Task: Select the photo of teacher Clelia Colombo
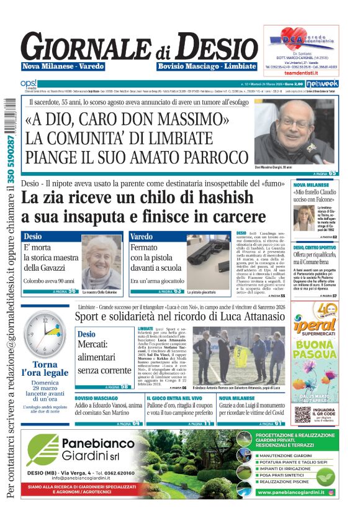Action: pyautogui.click(x=102, y=262)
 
